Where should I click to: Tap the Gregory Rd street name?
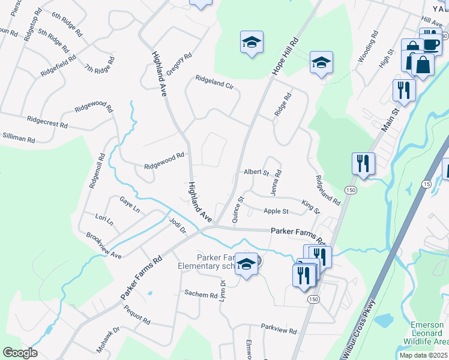(179, 64)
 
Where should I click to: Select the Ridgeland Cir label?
(214, 81)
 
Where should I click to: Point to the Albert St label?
(256, 172)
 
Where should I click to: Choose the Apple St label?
(276, 211)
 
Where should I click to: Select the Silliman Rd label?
(18, 138)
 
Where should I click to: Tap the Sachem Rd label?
(200, 295)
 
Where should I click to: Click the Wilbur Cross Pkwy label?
(360, 329)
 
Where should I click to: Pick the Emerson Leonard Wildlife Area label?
(427, 333)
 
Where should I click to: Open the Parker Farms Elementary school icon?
(246, 264)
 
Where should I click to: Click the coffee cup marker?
(430, 43)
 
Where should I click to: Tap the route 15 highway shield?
(426, 183)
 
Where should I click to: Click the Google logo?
(20, 353)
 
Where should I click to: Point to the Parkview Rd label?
(279, 331)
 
